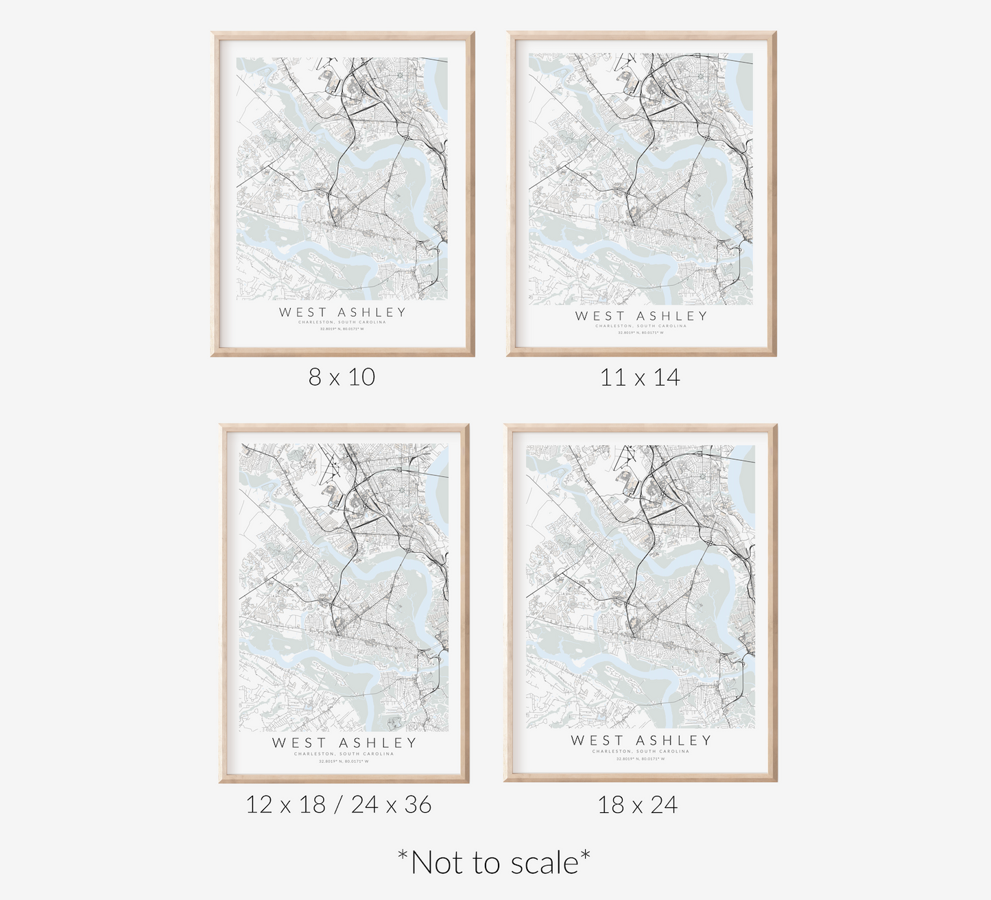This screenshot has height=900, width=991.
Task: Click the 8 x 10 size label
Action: [x=342, y=377]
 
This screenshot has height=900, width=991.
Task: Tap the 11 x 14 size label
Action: [x=640, y=377]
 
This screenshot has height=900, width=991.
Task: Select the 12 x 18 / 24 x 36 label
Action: [x=339, y=804]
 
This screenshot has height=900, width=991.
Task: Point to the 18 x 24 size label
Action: [x=637, y=804]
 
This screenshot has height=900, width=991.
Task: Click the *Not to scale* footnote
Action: [x=494, y=862]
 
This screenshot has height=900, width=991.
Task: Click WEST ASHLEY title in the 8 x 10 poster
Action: [x=342, y=312]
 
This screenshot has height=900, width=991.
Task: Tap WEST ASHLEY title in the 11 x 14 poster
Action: [x=641, y=316]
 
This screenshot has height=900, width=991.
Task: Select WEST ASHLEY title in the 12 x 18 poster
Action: [x=344, y=742]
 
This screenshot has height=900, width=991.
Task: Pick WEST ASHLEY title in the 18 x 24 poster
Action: [x=641, y=740]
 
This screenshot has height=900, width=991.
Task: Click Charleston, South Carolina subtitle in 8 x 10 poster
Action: [x=342, y=322]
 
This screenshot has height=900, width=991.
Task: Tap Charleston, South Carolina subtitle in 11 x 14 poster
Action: [x=641, y=326]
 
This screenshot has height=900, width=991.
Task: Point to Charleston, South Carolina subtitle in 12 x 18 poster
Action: [x=344, y=754]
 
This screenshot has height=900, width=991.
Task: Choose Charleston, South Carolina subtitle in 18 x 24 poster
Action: [x=641, y=752]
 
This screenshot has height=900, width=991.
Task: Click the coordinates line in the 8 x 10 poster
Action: [x=342, y=330]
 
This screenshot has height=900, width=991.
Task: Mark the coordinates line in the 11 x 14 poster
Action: [x=641, y=333]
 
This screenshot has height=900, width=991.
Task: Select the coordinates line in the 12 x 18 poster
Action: [x=344, y=761]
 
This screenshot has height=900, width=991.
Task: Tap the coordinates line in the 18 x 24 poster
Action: [x=641, y=759]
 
